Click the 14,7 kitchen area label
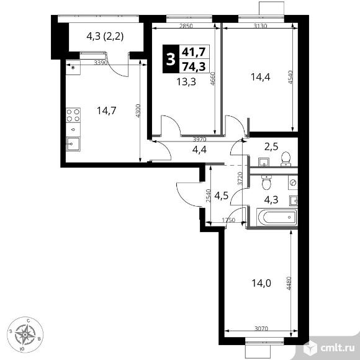(106, 112)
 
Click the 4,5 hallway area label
(222, 198)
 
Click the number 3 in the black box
(169, 60)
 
